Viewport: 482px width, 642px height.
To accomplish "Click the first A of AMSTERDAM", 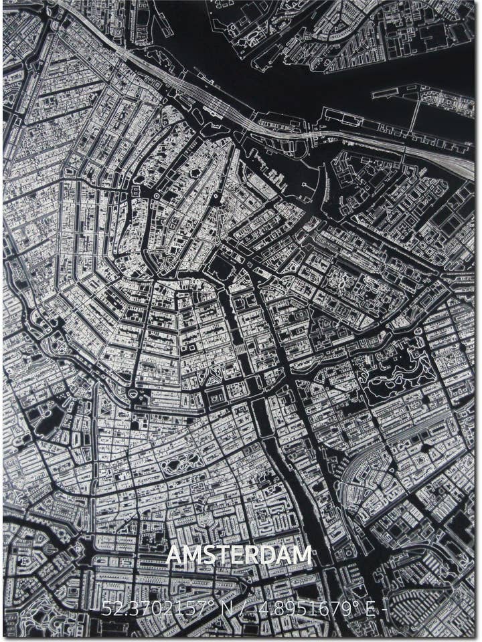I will [173, 555].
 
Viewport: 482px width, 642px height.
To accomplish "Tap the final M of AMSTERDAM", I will [302, 555].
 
